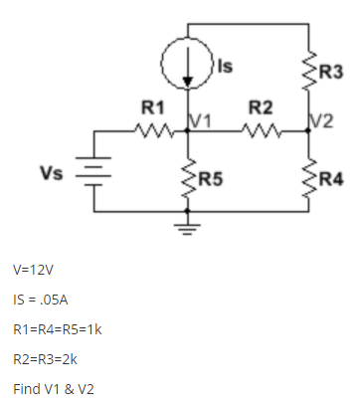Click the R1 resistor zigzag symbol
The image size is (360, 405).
point(155,128)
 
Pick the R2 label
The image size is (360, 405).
point(260,104)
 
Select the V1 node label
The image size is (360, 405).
point(200,120)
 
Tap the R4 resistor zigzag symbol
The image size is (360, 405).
point(308,178)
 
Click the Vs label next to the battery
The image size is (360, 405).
point(53,171)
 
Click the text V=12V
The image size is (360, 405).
point(34,270)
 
